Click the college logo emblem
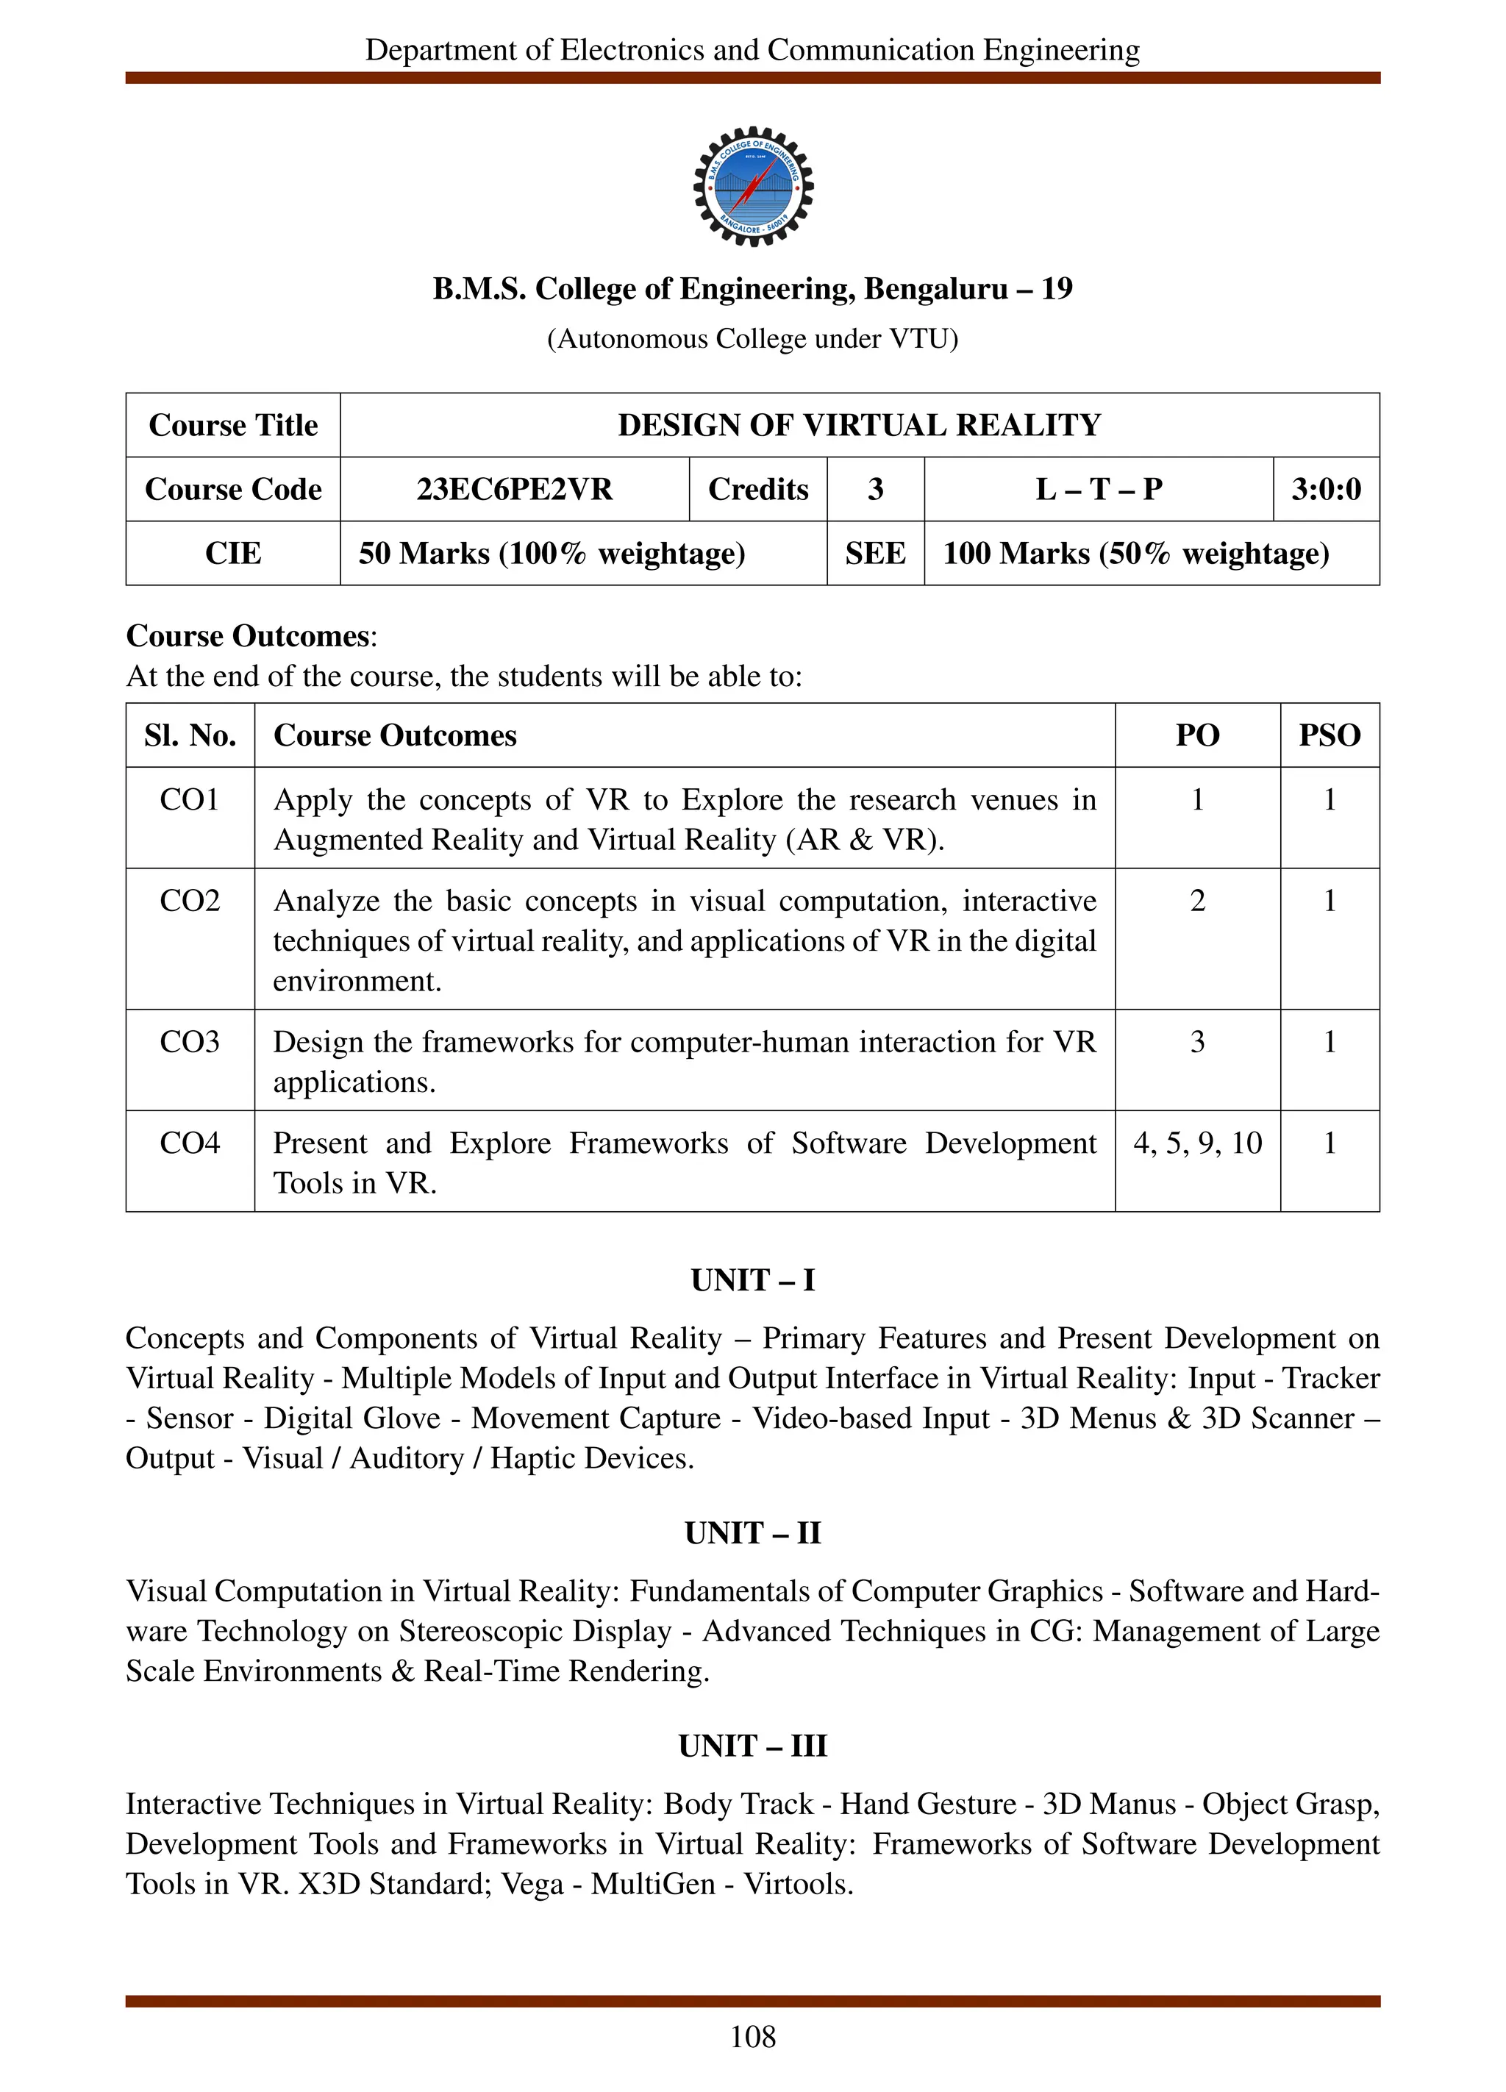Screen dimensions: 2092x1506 click(x=752, y=186)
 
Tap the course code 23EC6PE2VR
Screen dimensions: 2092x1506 click(x=514, y=489)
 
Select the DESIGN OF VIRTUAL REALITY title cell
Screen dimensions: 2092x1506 click(x=859, y=425)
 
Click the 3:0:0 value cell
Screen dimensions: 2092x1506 click(x=1325, y=489)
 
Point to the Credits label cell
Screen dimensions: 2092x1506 click(x=757, y=489)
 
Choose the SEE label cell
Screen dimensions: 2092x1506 click(x=874, y=554)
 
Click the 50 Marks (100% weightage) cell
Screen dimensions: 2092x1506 click(x=552, y=554)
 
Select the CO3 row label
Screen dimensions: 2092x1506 click(x=190, y=1042)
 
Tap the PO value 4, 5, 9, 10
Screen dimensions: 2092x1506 click(x=1197, y=1143)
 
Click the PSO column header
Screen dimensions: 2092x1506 click(x=1329, y=735)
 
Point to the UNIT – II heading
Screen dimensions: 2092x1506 click(x=752, y=1533)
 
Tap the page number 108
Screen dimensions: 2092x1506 click(x=752, y=2037)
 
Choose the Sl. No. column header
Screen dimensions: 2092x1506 click(x=190, y=735)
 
